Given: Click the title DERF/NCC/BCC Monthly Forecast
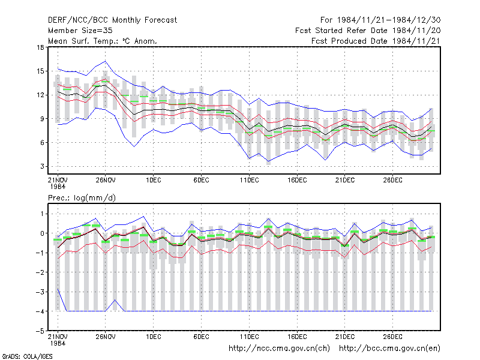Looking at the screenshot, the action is pyautogui.click(x=112, y=20).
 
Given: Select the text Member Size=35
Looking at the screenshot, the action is pyautogui.click(x=80, y=31).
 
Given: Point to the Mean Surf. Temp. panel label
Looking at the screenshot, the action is pyautogui.click(x=103, y=41).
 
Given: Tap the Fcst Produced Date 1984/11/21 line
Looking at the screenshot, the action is pyautogui.click(x=376, y=41).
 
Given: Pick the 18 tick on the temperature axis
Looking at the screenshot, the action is pyautogui.click(x=40, y=47).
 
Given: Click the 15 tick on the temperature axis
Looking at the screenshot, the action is pyautogui.click(x=40, y=71).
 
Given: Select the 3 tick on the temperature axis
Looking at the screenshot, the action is pyautogui.click(x=42, y=166).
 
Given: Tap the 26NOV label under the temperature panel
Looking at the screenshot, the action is pyautogui.click(x=106, y=180).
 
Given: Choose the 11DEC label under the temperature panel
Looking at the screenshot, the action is pyautogui.click(x=249, y=180).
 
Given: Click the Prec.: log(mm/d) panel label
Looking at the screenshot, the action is pyautogui.click(x=82, y=198).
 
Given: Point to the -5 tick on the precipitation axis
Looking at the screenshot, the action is pyautogui.click(x=40, y=331).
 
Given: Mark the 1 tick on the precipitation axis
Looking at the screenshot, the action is pyautogui.click(x=42, y=214).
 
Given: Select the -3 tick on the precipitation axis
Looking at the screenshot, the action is pyautogui.click(x=40, y=292).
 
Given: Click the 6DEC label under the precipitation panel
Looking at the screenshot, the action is pyautogui.click(x=201, y=337).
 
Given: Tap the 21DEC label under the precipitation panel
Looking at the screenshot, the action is pyautogui.click(x=344, y=337).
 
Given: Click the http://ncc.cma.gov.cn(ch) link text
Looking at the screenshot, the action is pyautogui.click(x=279, y=349).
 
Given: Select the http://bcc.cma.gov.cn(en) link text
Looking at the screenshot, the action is pyautogui.click(x=389, y=349).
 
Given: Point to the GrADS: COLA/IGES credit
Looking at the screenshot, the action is pyautogui.click(x=27, y=356).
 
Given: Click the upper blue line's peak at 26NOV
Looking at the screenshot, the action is pyautogui.click(x=106, y=61).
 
